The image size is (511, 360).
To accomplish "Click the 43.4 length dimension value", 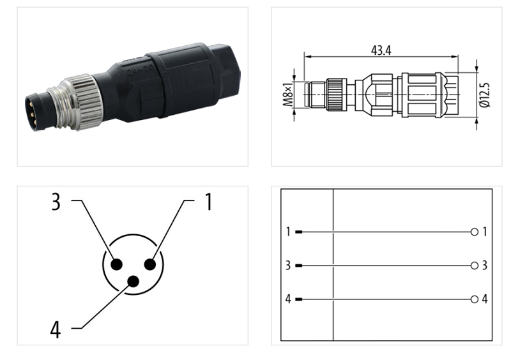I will pyautogui.click(x=381, y=50).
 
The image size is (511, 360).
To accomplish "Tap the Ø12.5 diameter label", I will pyautogui.click(x=485, y=94).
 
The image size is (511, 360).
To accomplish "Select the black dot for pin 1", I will pyautogui.click(x=151, y=264).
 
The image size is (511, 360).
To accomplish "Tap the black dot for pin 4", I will pyautogui.click(x=133, y=281).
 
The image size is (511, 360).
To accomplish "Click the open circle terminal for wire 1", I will pyautogui.click(x=474, y=232).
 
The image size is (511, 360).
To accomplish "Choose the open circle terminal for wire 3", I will pyautogui.click(x=474, y=266).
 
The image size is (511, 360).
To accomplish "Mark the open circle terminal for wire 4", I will pyautogui.click(x=474, y=299).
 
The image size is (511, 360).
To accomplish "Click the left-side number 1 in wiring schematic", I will pyautogui.click(x=288, y=232).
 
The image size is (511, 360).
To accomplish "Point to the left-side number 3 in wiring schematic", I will pyautogui.click(x=288, y=266).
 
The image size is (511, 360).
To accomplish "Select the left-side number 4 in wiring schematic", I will pyautogui.click(x=288, y=299).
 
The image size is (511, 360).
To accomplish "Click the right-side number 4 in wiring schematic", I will pyautogui.click(x=485, y=299).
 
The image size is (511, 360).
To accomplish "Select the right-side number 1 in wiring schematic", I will pyautogui.click(x=485, y=232).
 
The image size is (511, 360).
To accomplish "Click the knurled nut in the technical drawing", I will pyautogui.click(x=336, y=94).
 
